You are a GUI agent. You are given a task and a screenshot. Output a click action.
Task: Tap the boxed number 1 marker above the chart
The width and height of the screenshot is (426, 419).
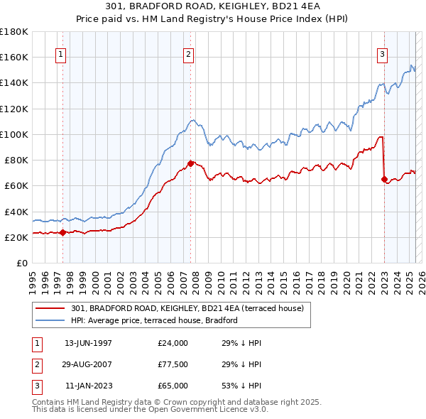coord(61,55)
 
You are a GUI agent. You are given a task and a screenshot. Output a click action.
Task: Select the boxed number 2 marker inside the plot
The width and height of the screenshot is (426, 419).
coord(189,55)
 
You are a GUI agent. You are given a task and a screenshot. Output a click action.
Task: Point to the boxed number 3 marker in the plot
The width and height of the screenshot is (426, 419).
coord(382,55)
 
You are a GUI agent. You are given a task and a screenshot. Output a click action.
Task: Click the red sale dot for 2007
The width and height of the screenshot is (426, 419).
coord(191,163)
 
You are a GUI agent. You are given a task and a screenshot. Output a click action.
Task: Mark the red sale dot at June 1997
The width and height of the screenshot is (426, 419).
coord(62,232)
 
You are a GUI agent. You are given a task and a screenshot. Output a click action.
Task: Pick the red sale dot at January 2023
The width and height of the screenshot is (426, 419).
coord(384,180)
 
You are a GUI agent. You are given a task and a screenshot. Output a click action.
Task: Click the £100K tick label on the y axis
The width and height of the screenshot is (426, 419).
coord(15,134)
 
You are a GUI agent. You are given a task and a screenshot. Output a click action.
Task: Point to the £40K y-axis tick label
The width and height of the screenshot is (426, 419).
coord(17,212)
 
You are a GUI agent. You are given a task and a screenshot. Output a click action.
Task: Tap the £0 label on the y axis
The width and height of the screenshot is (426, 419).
coord(22,263)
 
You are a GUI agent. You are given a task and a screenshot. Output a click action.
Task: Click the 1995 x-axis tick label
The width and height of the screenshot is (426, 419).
coord(33,278)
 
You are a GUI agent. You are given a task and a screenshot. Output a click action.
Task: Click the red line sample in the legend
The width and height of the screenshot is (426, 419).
coord(50,308)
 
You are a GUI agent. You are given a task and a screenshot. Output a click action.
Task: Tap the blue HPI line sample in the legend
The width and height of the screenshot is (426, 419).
coord(50,320)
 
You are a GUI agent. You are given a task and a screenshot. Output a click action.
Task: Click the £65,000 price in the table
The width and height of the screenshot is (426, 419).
coord(173,386)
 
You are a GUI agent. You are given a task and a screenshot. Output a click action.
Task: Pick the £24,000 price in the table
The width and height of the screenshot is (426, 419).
coord(173,343)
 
